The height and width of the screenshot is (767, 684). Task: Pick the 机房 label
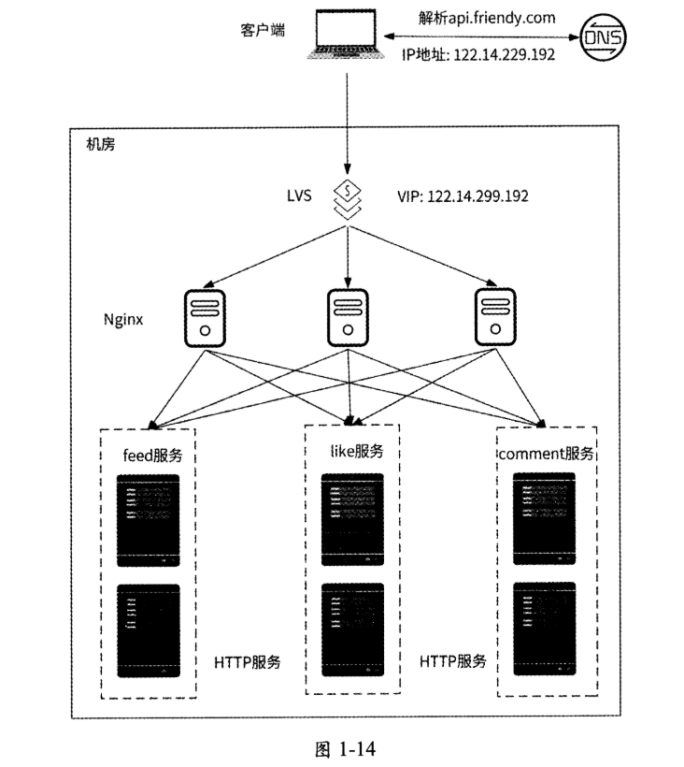click(x=100, y=145)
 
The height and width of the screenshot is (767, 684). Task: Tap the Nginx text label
click(x=124, y=319)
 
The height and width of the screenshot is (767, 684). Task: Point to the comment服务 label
click(x=546, y=454)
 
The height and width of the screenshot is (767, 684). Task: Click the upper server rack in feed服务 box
click(x=147, y=520)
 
